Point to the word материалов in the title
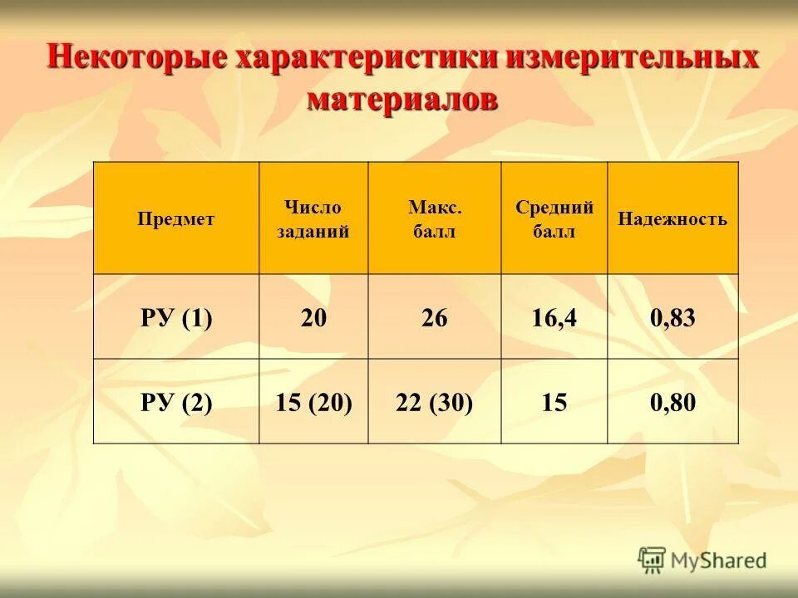click(x=402, y=99)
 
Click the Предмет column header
click(x=175, y=219)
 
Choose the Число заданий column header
click(x=313, y=219)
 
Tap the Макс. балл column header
click(x=434, y=219)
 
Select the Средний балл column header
click(x=554, y=219)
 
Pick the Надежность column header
click(x=672, y=219)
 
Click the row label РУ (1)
click(x=175, y=318)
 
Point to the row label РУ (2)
click(x=175, y=404)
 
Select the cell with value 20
click(x=313, y=318)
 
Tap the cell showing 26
click(x=434, y=318)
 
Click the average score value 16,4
click(x=554, y=318)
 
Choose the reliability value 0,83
click(x=672, y=318)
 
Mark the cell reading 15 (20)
click(x=313, y=404)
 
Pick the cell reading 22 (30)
click(x=434, y=404)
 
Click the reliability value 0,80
click(x=672, y=404)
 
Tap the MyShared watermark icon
click(x=652, y=559)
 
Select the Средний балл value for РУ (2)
click(x=554, y=404)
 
